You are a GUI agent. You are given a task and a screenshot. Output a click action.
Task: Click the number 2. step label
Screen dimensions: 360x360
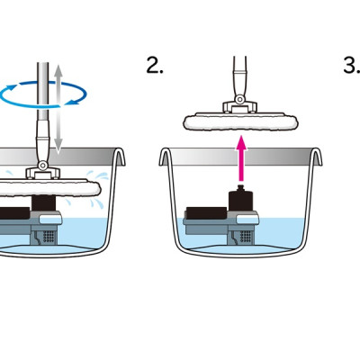pyautogui.click(x=155, y=66)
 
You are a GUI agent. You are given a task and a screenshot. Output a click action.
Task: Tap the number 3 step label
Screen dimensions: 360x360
pyautogui.click(x=352, y=66)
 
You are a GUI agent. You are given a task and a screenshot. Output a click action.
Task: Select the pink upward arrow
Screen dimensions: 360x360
pyautogui.click(x=241, y=158)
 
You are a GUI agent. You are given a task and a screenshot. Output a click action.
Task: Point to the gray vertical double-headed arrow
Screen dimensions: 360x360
pyautogui.click(x=58, y=109)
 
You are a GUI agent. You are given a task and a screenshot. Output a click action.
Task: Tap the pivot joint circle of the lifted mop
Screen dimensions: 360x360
pyautogui.click(x=239, y=99)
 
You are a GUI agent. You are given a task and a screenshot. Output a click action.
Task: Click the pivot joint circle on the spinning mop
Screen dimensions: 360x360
pyautogui.click(x=42, y=165)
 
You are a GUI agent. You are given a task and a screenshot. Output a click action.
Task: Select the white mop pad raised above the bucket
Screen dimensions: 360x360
pyautogui.click(x=241, y=121)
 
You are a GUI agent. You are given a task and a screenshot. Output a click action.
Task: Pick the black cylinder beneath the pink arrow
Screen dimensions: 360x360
pyautogui.click(x=240, y=201)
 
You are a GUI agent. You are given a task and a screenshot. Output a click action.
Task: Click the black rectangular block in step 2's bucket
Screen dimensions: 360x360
pyautogui.click(x=206, y=212)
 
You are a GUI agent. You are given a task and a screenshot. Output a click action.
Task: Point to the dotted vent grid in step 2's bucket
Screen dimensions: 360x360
pyautogui.click(x=246, y=236)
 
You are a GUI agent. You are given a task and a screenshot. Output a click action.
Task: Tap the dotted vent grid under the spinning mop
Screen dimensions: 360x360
pyautogui.click(x=49, y=236)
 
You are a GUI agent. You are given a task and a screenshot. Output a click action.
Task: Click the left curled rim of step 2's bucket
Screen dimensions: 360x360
pyautogui.click(x=165, y=156)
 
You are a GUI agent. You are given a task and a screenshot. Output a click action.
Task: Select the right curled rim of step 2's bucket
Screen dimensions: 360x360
pyautogui.click(x=317, y=156)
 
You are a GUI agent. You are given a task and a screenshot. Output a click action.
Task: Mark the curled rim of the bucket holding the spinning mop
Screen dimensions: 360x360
pyautogui.click(x=120, y=156)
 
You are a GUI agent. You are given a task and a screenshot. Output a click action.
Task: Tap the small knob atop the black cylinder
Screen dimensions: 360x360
pyautogui.click(x=240, y=188)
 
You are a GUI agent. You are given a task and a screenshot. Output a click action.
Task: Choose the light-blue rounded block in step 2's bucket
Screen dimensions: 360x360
pyautogui.click(x=247, y=220)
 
